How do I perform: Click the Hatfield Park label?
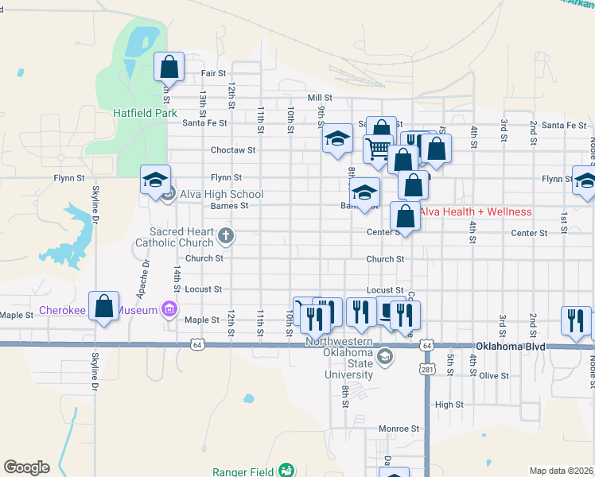(144, 113)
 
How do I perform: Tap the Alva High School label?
(221, 194)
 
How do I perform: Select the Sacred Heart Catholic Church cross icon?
(227, 235)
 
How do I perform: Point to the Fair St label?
(213, 73)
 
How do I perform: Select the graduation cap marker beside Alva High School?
(155, 179)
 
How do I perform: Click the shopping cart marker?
(378, 149)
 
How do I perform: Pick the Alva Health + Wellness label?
(475, 211)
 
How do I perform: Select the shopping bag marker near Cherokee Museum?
(104, 306)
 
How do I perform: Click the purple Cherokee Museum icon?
(169, 308)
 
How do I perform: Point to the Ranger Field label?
(243, 471)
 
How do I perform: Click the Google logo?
(26, 467)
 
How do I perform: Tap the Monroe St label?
(399, 428)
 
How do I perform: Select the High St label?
(449, 405)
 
